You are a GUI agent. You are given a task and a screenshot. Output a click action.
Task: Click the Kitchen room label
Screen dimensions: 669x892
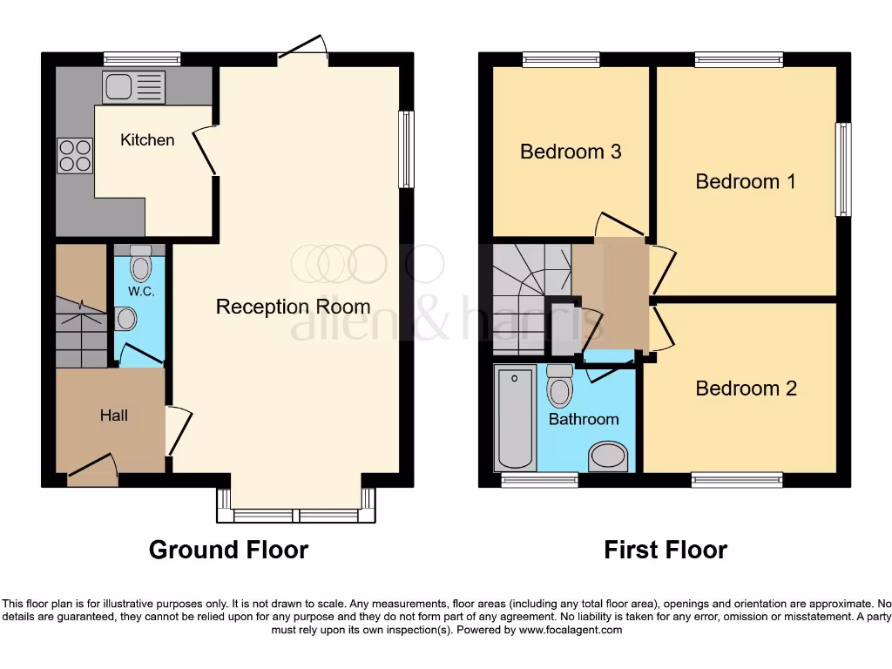pyautogui.click(x=147, y=139)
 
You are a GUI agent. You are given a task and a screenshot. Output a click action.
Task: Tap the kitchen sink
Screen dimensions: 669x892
pyautogui.click(x=133, y=88)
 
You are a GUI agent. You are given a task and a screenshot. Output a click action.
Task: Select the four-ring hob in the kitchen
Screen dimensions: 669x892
pyautogui.click(x=75, y=156)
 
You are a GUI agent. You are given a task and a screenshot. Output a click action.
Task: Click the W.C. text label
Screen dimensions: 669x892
pyautogui.click(x=140, y=291)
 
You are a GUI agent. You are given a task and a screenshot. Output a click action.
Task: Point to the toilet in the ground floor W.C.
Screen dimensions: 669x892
pyautogui.click(x=140, y=260)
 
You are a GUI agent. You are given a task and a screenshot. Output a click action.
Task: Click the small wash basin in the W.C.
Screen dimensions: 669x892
pyautogui.click(x=126, y=319)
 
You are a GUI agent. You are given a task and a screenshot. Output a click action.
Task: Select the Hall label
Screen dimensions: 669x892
pyautogui.click(x=113, y=416)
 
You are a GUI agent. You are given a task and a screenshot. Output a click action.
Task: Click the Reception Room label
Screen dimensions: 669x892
pyautogui.click(x=293, y=307)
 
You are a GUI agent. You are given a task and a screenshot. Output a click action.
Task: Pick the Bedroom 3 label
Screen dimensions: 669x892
pyautogui.click(x=571, y=152)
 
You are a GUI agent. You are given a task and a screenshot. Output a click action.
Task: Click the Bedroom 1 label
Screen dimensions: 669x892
pyautogui.click(x=746, y=181)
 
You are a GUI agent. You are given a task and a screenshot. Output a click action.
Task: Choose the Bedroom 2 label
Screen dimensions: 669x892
pyautogui.click(x=746, y=389)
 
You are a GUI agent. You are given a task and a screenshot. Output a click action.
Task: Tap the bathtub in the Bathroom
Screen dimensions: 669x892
pyautogui.click(x=514, y=418)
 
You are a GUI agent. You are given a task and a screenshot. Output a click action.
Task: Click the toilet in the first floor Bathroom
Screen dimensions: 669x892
pyautogui.click(x=558, y=387)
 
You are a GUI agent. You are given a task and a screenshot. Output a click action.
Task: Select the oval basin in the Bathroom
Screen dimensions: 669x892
pyautogui.click(x=608, y=456)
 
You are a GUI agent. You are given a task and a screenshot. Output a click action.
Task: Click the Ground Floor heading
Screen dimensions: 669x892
pyautogui.click(x=228, y=550)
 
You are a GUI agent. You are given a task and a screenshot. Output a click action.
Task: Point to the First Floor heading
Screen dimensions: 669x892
pyautogui.click(x=666, y=550)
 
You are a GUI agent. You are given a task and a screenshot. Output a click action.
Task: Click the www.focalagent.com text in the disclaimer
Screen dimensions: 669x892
pyautogui.click(x=571, y=630)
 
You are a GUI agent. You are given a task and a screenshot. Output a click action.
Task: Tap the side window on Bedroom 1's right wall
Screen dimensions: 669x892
pyautogui.click(x=842, y=170)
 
